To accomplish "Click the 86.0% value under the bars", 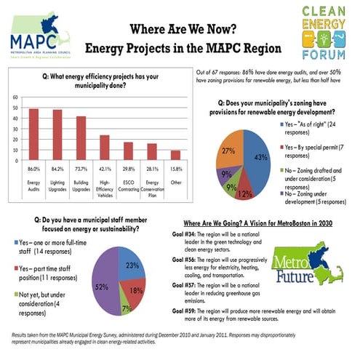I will pyautogui.click(x=33, y=169).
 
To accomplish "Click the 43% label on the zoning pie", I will pyautogui.click(x=260, y=157).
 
